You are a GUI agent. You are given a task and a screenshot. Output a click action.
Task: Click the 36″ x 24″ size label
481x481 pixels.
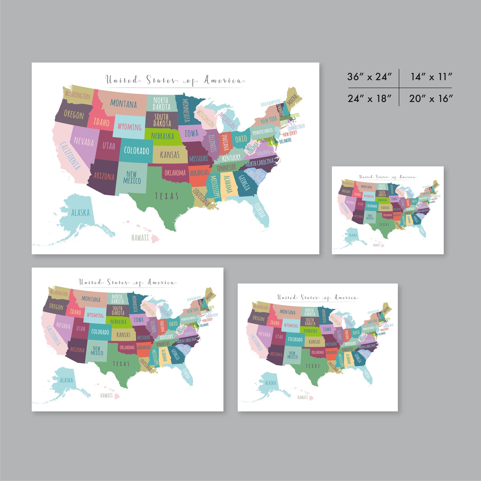click(x=370, y=77)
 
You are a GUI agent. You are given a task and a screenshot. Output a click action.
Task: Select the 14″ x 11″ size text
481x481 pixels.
click(x=431, y=77)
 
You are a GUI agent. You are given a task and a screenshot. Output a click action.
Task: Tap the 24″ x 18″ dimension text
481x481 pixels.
click(x=370, y=98)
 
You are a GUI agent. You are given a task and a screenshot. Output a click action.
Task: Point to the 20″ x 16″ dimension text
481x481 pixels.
click(x=431, y=98)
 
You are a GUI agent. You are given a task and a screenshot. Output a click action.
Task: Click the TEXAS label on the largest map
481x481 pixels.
click(x=167, y=196)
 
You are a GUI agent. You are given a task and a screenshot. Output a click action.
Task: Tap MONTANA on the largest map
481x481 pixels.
click(x=123, y=104)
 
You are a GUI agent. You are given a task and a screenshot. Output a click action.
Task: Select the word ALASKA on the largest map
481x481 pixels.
click(x=81, y=213)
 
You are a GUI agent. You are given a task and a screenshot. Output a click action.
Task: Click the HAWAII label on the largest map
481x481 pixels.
click(x=140, y=237)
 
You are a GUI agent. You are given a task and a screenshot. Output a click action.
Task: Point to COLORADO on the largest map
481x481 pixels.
click(x=137, y=151)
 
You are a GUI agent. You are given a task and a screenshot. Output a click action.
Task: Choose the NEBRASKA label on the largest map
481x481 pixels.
click(x=163, y=136)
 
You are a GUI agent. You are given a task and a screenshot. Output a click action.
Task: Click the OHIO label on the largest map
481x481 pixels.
click(x=241, y=139)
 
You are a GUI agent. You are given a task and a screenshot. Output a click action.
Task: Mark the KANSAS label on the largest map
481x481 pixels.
click(x=170, y=155)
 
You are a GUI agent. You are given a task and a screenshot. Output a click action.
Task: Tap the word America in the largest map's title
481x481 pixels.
click(x=224, y=80)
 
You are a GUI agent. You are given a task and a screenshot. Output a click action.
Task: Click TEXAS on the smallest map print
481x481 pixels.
click(x=384, y=224)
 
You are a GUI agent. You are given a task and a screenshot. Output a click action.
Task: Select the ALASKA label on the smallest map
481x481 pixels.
click(x=353, y=235)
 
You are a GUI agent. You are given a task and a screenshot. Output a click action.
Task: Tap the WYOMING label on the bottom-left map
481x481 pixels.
click(x=95, y=315)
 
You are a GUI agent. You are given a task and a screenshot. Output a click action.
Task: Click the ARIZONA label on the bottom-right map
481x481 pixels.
click(x=276, y=354)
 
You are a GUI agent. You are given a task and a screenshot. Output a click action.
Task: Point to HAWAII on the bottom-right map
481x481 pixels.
click(x=303, y=397)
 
